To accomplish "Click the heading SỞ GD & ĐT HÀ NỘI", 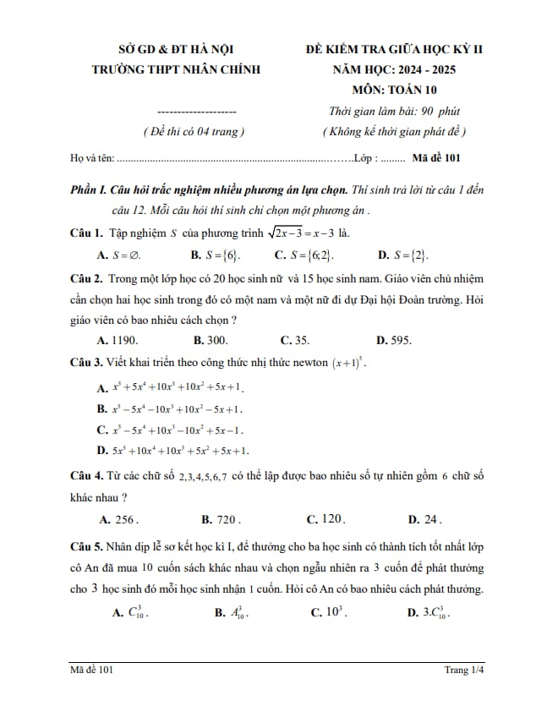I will [x=175, y=50].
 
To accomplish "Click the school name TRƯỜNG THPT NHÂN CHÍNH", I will [x=176, y=69].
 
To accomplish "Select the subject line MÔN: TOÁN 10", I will [x=396, y=90].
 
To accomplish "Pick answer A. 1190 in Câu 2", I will [x=118, y=341].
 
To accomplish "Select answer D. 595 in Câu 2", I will [x=393, y=341].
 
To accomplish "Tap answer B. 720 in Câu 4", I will [x=222, y=519].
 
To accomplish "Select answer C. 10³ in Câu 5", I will [x=328, y=611].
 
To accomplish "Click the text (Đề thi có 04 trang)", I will [x=194, y=132].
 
